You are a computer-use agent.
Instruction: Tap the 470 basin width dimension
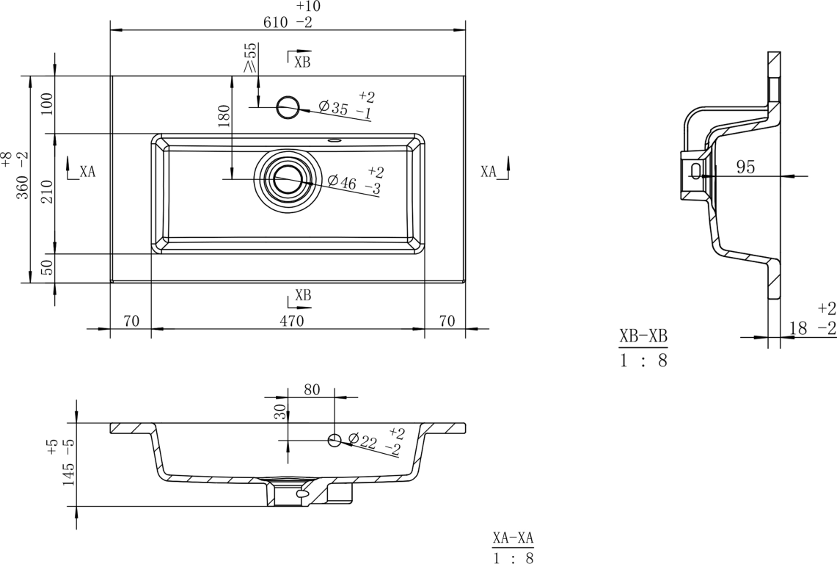291,321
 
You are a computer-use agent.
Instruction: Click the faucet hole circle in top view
288,107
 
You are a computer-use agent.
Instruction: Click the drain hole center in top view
288,179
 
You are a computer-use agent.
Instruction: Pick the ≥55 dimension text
250,58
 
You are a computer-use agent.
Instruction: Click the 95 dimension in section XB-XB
746,167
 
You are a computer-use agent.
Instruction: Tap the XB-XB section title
643,336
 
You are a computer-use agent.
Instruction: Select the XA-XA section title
513,538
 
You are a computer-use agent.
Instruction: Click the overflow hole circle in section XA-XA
335,441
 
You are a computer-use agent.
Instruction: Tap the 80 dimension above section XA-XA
312,390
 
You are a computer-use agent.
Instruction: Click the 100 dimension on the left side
47,105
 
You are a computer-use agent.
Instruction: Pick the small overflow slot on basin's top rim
335,140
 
